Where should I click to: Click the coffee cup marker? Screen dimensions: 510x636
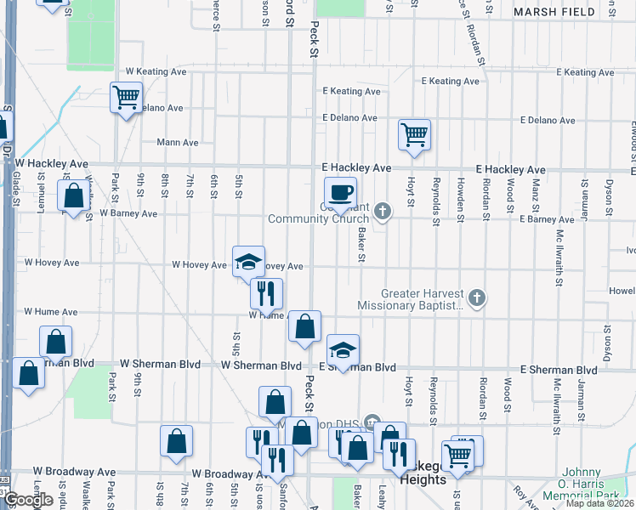pyautogui.click(x=341, y=192)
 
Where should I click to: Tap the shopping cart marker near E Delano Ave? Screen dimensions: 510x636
pyautogui.click(x=414, y=134)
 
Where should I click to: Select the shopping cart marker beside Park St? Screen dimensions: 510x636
pyautogui.click(x=126, y=98)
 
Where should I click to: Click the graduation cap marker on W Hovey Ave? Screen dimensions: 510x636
pyautogui.click(x=248, y=261)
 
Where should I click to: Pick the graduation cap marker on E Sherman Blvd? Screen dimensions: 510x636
pyautogui.click(x=343, y=350)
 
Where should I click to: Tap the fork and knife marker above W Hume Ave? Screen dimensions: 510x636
pyautogui.click(x=266, y=293)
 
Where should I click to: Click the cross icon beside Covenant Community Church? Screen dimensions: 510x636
pyautogui.click(x=383, y=211)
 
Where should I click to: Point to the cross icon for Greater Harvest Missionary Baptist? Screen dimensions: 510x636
pyautogui.click(x=478, y=297)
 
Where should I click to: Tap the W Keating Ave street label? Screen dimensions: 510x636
pyautogui.click(x=156, y=72)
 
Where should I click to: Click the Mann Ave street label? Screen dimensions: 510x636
pyautogui.click(x=178, y=143)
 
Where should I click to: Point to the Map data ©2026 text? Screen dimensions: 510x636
pyautogui.click(x=600, y=503)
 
